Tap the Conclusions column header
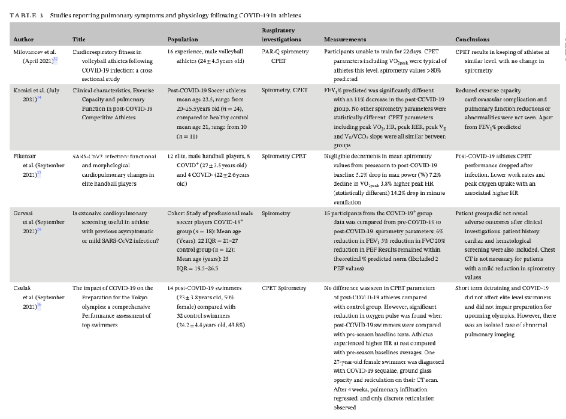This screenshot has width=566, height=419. (473, 40)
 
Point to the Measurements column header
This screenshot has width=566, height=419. (345, 40)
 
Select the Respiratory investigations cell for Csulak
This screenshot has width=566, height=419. (285, 288)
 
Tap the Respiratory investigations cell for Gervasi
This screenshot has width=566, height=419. (277, 213)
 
